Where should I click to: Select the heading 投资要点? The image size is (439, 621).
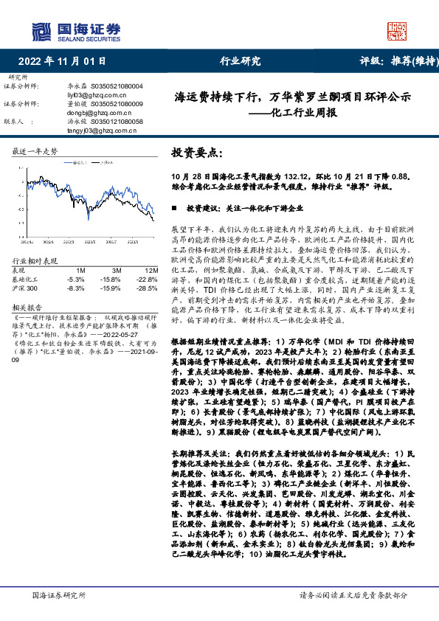[x=196, y=153]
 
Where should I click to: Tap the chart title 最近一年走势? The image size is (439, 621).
[x=35, y=150]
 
